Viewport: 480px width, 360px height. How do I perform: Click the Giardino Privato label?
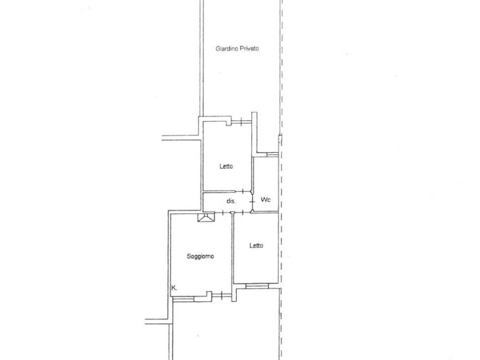237,48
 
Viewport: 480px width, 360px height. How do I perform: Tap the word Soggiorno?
200,256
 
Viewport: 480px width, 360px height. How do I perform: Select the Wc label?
265,200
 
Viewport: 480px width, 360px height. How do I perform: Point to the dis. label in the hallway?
231,201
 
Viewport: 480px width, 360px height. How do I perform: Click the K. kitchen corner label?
174,288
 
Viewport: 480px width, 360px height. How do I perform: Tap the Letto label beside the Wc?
226,166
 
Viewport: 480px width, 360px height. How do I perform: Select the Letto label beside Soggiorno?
256,245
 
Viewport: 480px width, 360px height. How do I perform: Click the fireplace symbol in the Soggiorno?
206,217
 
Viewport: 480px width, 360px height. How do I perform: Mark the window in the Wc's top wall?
272,155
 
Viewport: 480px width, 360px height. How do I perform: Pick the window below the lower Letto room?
257,286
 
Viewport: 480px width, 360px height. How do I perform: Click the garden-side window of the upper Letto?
241,122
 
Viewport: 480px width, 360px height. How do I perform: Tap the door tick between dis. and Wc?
252,202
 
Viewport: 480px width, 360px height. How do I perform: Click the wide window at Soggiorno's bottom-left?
183,299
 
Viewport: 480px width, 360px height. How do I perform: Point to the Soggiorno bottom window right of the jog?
221,295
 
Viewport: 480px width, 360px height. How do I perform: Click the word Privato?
249,48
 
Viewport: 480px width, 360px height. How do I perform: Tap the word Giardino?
227,49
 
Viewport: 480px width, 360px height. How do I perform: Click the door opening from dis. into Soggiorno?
222,212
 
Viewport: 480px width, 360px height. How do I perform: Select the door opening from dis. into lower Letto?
243,212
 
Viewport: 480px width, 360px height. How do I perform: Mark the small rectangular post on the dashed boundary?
280,139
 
